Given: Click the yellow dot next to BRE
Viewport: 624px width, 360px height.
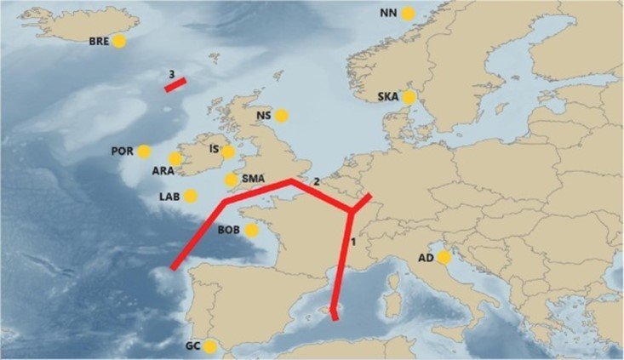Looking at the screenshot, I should [119, 41].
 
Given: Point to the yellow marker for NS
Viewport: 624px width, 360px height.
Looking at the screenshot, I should [281, 114].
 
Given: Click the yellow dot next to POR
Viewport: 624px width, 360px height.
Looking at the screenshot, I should [144, 151].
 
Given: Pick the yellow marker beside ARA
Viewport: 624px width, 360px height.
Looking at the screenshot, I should [175, 159].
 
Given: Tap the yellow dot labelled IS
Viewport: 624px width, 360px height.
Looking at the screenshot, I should [227, 151].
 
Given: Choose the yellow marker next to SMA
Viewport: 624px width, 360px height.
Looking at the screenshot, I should [231, 180].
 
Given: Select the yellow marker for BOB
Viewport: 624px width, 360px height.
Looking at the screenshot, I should [251, 230].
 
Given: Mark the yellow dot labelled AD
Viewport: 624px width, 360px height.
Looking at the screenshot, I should [444, 257].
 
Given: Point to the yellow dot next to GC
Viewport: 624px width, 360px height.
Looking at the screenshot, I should [209, 346].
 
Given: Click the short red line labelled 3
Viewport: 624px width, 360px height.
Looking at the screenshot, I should [175, 84].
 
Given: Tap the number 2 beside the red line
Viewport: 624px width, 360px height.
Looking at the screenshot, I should [316, 181].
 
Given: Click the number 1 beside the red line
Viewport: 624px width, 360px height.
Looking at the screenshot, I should [353, 243].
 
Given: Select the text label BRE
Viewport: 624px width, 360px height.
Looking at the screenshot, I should [100, 41].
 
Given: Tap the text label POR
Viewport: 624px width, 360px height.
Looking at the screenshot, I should [122, 151].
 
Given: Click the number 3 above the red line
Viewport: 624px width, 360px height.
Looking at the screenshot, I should [172, 74].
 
